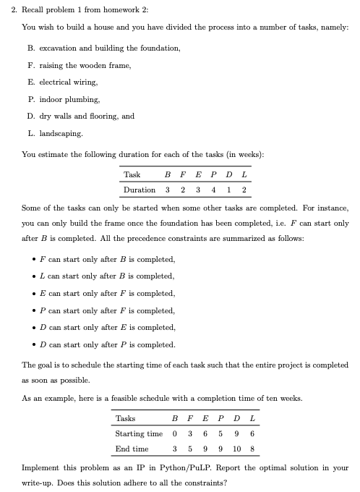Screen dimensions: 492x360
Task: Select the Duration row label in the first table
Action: [x=140, y=190]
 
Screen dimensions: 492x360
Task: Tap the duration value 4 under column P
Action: [x=214, y=190]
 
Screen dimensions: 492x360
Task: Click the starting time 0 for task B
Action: [x=175, y=433]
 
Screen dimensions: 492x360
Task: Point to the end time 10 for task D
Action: [x=236, y=449]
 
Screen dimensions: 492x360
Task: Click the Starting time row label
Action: [x=139, y=433]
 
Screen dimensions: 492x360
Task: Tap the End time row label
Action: [x=132, y=449]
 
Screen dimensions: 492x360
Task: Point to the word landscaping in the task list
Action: [x=63, y=133]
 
